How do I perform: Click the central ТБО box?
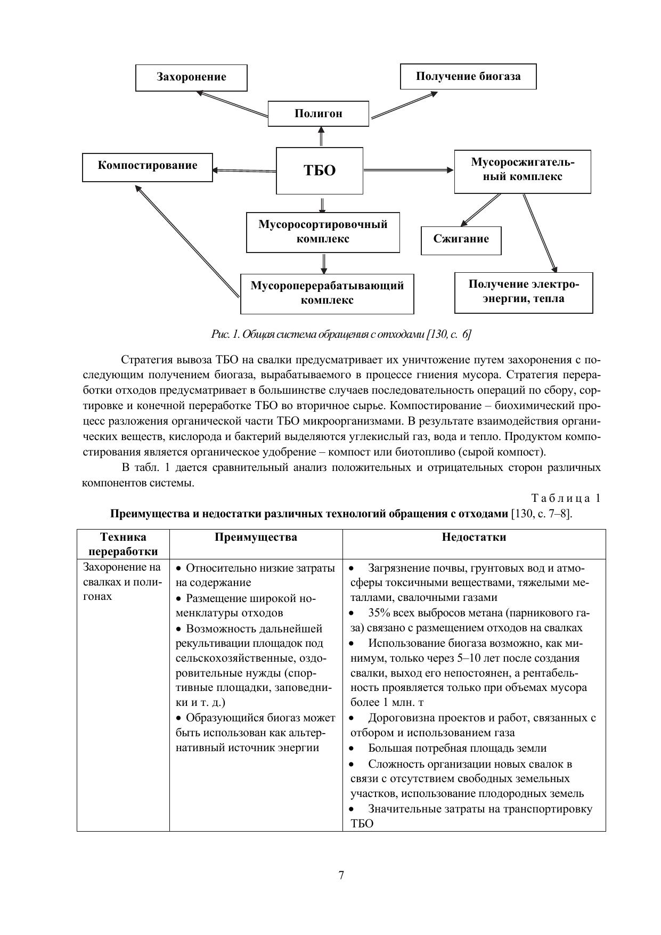(320, 170)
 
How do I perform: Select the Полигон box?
(318, 113)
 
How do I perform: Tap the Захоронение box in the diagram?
(191, 77)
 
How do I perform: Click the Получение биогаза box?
(468, 76)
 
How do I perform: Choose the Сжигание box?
(461, 240)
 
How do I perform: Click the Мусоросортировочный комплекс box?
(323, 232)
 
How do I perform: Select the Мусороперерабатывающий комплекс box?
(327, 293)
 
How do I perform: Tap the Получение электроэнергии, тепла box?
(524, 292)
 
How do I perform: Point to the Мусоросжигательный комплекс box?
(522, 170)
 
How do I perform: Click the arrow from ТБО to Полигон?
(321, 136)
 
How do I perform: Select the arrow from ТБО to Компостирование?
(244, 170)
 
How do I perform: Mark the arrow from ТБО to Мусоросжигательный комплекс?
(409, 170)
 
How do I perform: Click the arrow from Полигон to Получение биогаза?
(404, 105)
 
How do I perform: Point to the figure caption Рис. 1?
(341, 335)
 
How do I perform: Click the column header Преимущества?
(256, 537)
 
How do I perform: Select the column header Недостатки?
(474, 537)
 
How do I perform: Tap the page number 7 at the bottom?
(341, 875)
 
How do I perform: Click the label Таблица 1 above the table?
(566, 499)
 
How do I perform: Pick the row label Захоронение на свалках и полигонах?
(123, 582)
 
